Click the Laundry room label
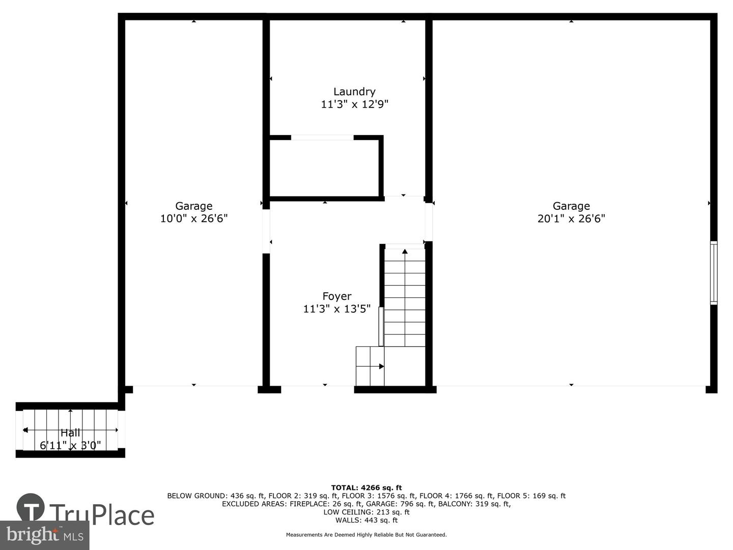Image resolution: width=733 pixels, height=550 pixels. click(x=354, y=92)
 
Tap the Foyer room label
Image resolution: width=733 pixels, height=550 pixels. click(x=336, y=296)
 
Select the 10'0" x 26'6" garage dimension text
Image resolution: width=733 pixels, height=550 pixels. click(x=193, y=218)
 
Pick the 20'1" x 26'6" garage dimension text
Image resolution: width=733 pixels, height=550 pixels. click(x=571, y=218)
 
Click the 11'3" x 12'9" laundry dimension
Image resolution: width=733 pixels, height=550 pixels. click(x=354, y=104)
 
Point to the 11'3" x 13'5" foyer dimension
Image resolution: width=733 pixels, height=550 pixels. click(x=336, y=309)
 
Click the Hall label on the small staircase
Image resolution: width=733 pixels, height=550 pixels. click(x=70, y=433)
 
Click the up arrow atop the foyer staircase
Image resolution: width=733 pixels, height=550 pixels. click(x=405, y=252)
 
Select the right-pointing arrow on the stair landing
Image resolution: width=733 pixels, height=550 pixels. click(x=381, y=366)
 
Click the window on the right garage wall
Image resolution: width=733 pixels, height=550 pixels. click(x=714, y=273)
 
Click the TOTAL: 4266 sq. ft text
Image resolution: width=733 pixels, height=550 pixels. click(x=366, y=487)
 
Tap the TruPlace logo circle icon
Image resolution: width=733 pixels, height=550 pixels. click(x=31, y=507)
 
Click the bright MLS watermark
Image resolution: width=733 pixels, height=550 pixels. click(x=45, y=535)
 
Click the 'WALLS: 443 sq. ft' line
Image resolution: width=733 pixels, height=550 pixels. click(x=366, y=520)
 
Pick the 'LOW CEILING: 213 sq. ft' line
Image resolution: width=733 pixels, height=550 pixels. click(x=366, y=512)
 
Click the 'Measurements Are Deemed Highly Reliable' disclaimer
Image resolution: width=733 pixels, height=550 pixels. click(x=366, y=535)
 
